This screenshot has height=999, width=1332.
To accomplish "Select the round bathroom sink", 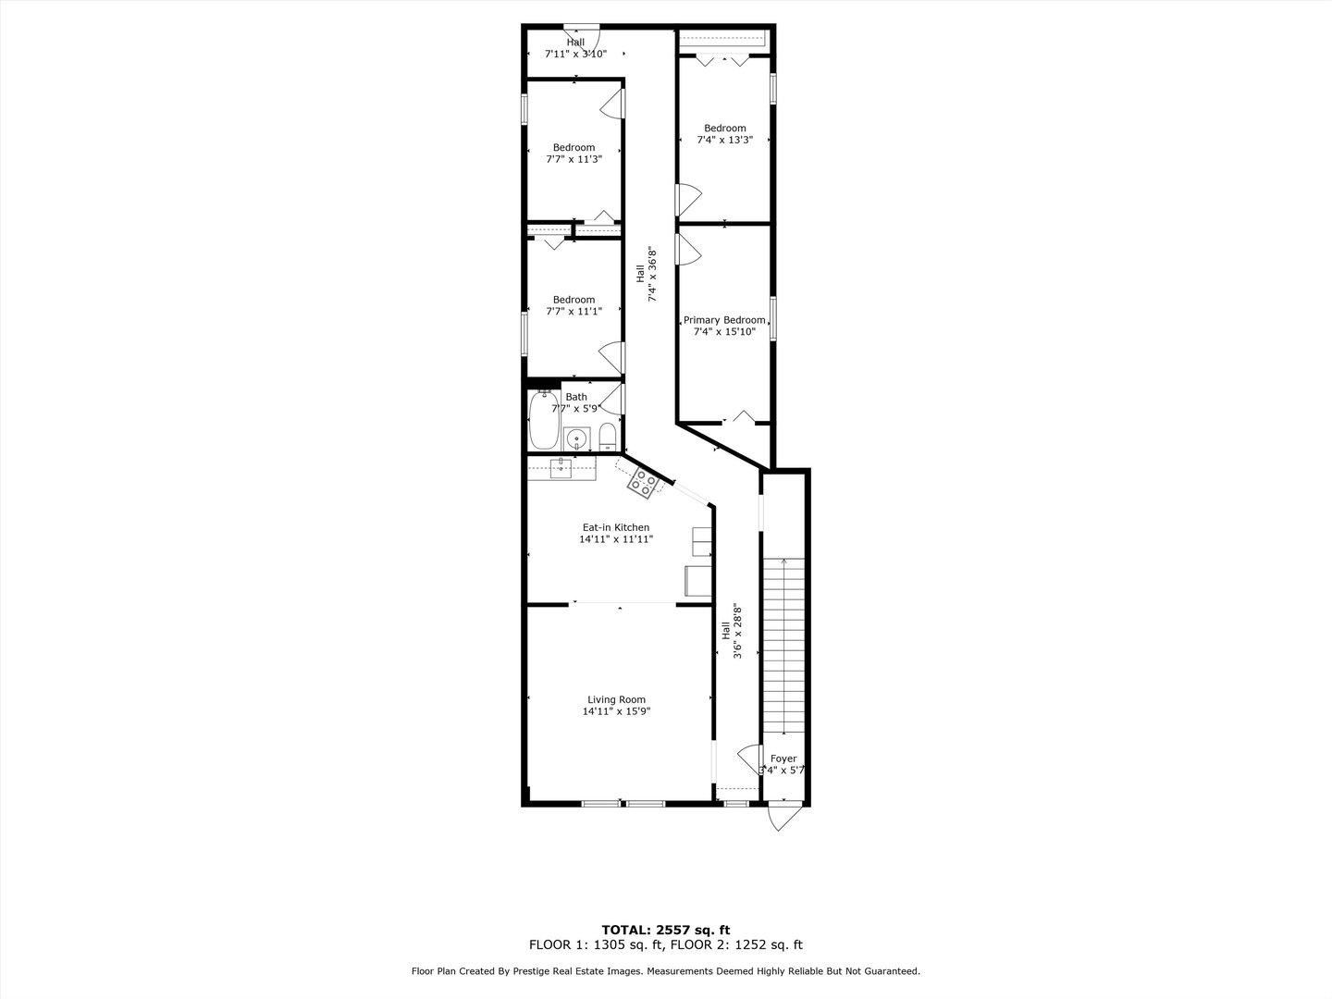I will (577, 438).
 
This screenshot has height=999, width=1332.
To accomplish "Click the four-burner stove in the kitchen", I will (643, 480).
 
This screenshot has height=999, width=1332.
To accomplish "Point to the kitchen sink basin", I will (561, 468).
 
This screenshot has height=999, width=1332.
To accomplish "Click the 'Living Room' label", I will (616, 700).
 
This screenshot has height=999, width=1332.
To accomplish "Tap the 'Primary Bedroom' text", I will (724, 320).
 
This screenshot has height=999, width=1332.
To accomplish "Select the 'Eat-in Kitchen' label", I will (615, 527).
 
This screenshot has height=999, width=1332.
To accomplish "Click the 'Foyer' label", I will (783, 758).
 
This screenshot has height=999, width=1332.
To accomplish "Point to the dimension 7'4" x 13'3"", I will (724, 141).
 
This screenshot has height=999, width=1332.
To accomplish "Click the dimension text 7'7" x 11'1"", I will (573, 312).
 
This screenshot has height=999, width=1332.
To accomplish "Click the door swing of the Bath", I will (612, 398).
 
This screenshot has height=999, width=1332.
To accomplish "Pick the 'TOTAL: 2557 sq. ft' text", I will (666, 930).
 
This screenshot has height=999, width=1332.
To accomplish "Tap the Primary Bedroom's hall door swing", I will (688, 248).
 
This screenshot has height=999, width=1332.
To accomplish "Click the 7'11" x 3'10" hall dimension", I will (575, 54).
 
